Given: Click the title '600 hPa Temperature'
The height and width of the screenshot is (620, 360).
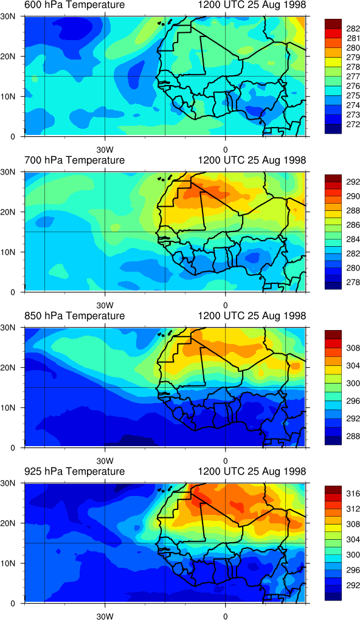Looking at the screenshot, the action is [74, 5].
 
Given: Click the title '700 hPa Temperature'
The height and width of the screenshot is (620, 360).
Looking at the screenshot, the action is [74, 160].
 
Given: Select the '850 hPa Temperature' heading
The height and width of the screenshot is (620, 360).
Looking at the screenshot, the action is [74, 316].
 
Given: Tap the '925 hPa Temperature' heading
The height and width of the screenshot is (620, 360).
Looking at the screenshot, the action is [74, 471].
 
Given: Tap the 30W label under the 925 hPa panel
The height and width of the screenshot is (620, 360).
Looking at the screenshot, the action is [105, 616].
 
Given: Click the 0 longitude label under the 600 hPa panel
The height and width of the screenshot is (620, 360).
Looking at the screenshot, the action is [225, 150].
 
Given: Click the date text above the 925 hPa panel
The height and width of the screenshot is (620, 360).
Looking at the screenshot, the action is [252, 471].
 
